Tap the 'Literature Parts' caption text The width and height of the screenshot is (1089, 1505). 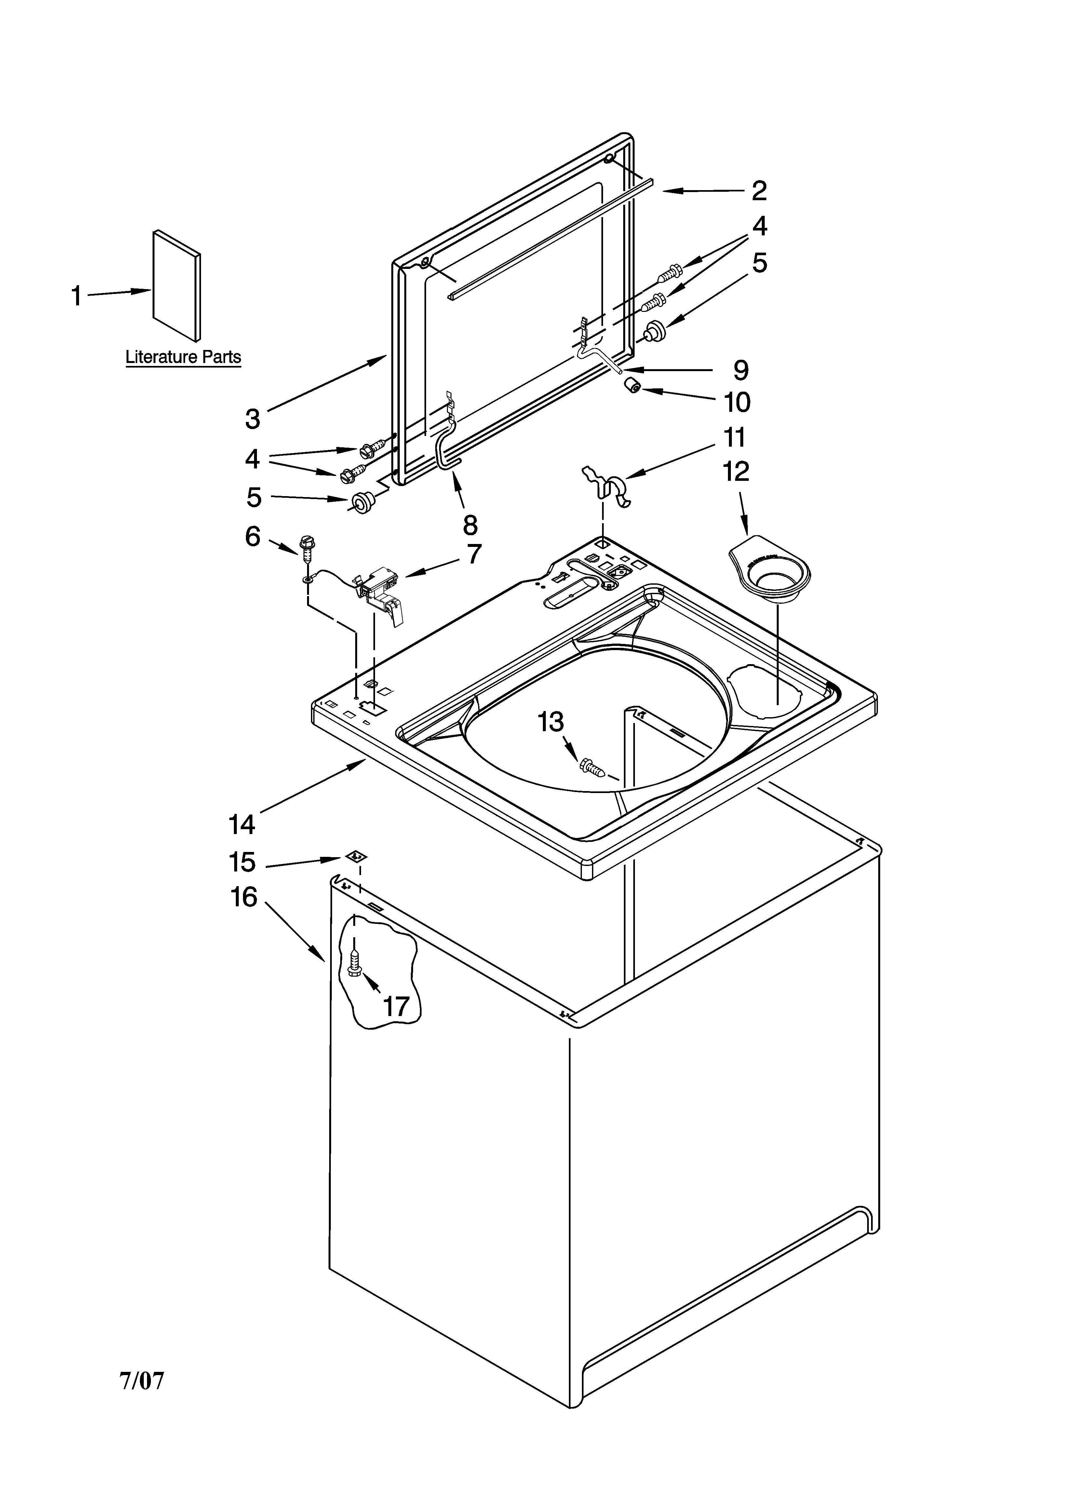183,357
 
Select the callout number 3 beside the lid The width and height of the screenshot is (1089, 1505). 253,419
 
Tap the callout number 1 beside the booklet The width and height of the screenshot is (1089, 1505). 77,296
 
